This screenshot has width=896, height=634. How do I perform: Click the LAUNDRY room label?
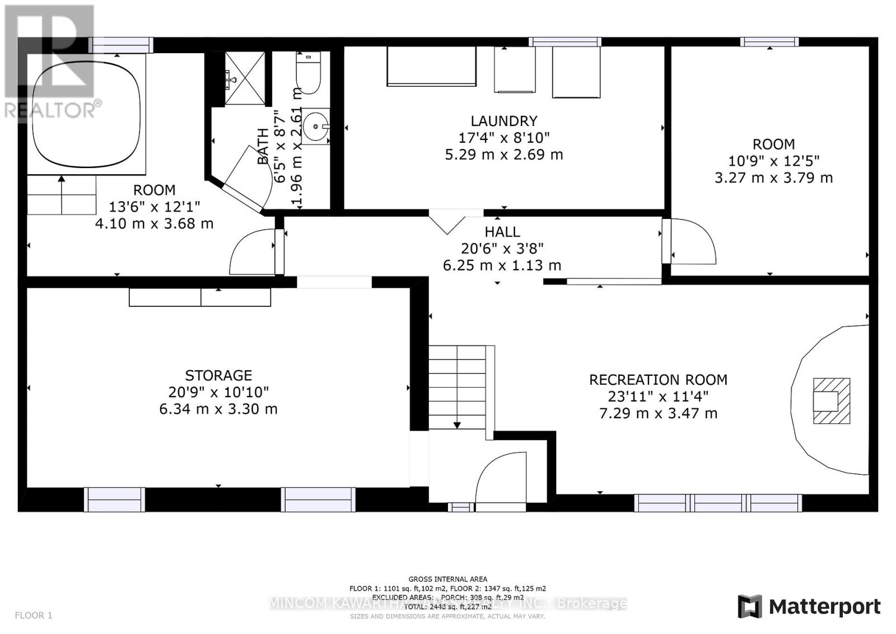[x=503, y=121]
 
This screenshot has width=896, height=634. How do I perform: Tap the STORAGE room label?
[x=218, y=375]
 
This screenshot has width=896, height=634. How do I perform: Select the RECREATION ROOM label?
[x=658, y=380]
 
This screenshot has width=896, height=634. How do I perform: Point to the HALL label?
[x=502, y=231]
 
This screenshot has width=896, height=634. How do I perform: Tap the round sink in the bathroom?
[x=317, y=127]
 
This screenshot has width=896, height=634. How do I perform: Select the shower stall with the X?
[x=245, y=78]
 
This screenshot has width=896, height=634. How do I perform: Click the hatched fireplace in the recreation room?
[x=831, y=400]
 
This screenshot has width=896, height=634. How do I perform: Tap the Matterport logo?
[x=809, y=607]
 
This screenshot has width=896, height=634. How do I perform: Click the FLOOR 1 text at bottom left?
[x=34, y=616]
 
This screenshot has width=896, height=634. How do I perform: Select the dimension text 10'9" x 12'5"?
[x=773, y=161]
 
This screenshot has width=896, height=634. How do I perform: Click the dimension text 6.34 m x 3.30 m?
[x=218, y=409]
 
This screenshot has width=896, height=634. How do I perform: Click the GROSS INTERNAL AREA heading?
[x=447, y=579]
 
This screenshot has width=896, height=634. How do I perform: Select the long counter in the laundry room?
[x=431, y=66]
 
